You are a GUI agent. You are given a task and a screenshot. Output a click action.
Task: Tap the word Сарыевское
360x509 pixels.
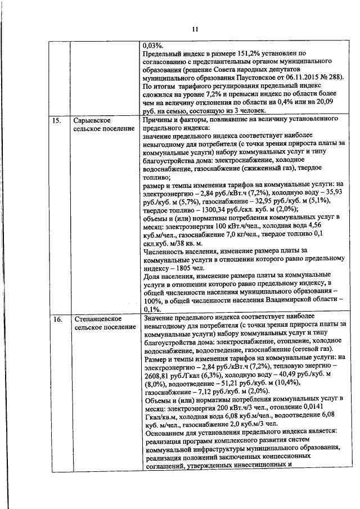tap(92, 120)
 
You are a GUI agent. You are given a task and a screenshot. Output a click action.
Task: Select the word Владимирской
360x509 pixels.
tap(276, 299)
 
